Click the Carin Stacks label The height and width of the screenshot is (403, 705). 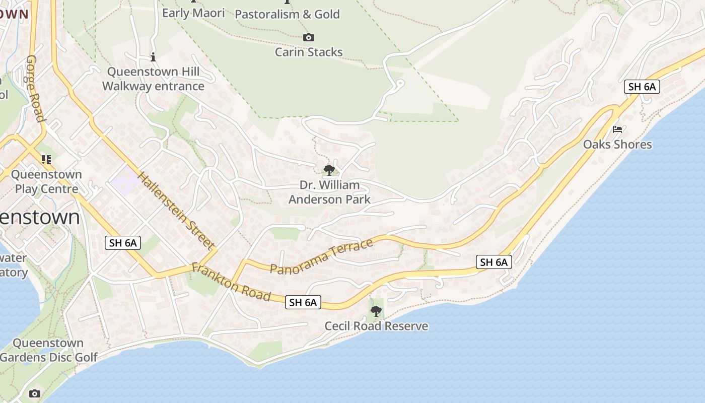pos(309,52)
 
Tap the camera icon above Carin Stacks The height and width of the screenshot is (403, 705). pos(309,37)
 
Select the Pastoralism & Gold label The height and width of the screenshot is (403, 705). pos(288,14)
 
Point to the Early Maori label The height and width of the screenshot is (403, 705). pos(193,13)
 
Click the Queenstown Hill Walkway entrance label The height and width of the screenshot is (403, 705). pos(153,79)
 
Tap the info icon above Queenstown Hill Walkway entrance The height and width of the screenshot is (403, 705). pos(153,57)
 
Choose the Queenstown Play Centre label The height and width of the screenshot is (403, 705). pos(46,182)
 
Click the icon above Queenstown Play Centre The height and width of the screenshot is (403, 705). pos(46,160)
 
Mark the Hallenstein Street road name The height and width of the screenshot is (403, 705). pos(176,211)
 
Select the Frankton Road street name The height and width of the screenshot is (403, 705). pos(231,282)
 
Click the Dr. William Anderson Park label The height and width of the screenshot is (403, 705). pos(330,192)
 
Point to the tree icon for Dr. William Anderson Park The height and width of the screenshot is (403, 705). pos(329,170)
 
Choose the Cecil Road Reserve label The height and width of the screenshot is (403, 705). pos(376,326)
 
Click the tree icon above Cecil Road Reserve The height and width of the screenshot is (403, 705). pos(376,311)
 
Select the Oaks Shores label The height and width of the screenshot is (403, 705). pos(617,145)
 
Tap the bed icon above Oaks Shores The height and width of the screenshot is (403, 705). pos(617,129)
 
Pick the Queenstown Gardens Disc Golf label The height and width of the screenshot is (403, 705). pos(48,350)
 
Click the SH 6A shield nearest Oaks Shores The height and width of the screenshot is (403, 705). pos(642,87)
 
